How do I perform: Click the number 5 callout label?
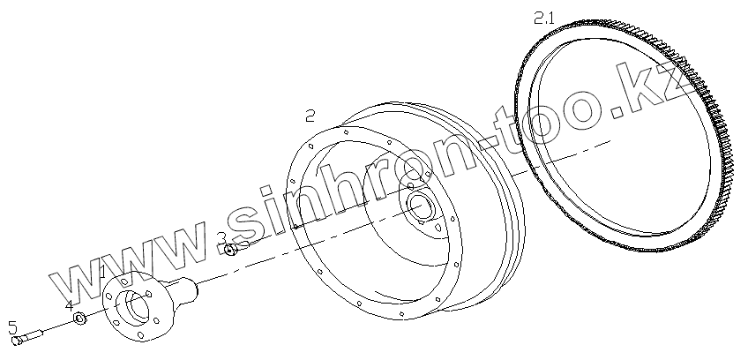[13, 327]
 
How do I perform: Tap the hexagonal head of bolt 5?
[16, 341]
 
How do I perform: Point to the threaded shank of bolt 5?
[32, 335]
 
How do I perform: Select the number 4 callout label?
[70, 305]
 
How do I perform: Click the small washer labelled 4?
[79, 318]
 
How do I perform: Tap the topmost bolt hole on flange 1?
[125, 281]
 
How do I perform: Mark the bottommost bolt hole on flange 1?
[140, 336]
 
